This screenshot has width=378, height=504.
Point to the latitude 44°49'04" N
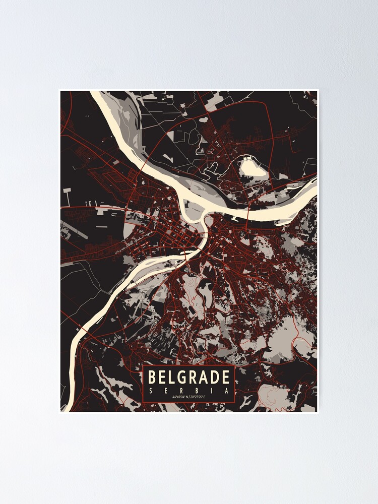point(179,398)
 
